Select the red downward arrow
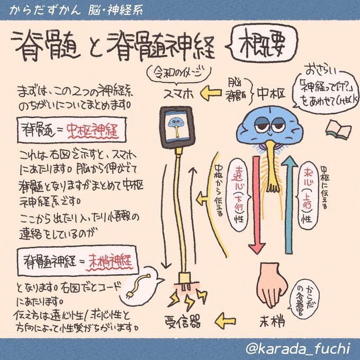click(x=256, y=201)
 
